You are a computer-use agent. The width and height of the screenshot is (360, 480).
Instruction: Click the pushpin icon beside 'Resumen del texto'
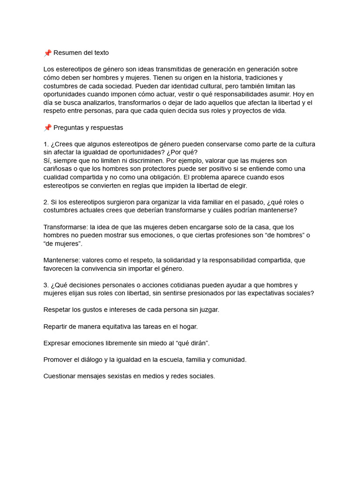coord(47,52)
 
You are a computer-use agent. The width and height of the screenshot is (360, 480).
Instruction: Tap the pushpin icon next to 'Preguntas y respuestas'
coord(47,127)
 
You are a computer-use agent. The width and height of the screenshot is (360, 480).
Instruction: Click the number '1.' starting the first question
coord(46,144)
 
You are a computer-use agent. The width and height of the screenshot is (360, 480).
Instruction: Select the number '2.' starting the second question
coord(46,202)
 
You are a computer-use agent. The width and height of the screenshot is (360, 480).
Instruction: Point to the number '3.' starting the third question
coord(46,285)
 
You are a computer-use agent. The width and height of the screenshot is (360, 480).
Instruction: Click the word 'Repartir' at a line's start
coord(56,326)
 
